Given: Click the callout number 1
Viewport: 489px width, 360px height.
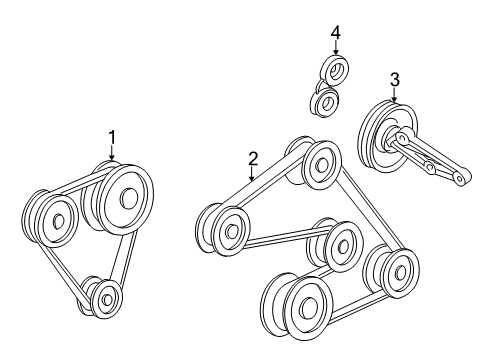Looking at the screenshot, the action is tap(112, 137).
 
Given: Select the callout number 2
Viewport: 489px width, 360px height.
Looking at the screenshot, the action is tap(253, 159).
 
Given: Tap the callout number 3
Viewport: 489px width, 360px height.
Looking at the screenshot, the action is tap(395, 80).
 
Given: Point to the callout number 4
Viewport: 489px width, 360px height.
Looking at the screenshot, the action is tap(336, 33).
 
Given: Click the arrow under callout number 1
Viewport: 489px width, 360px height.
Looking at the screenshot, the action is tap(112, 153).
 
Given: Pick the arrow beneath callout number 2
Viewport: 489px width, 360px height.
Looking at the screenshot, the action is tap(252, 174).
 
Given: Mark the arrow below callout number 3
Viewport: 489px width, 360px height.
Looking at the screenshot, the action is tap(395, 95).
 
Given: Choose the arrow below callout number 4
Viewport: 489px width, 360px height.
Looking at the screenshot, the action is tap(336, 48).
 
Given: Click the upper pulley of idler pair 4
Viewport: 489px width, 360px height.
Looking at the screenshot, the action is tap(334, 71).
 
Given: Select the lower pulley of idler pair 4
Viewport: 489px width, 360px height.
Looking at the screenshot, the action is tap(325, 101).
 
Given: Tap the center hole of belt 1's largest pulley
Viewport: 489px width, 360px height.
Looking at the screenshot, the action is tap(129, 198).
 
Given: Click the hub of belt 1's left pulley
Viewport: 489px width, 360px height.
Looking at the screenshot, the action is tap(59, 221).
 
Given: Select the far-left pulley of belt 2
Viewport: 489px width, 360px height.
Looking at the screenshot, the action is tap(227, 230).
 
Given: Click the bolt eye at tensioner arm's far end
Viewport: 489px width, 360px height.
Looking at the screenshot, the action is tap(460, 178).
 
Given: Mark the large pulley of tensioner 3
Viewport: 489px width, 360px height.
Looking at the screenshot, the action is tap(387, 138).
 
